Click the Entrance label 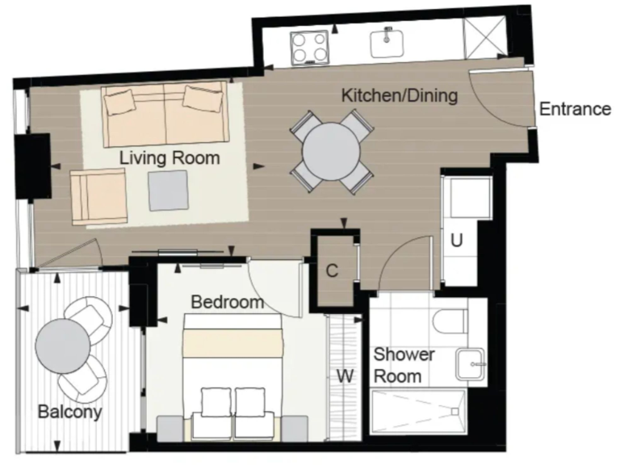[575, 109]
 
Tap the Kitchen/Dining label [399, 95]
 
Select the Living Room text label [170, 157]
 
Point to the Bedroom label [227, 303]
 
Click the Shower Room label [404, 365]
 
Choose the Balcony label [70, 412]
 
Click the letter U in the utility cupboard [457, 240]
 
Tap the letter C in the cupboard [332, 270]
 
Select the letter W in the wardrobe [346, 375]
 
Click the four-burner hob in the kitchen [309, 46]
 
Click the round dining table [332, 151]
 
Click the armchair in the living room [99, 196]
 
